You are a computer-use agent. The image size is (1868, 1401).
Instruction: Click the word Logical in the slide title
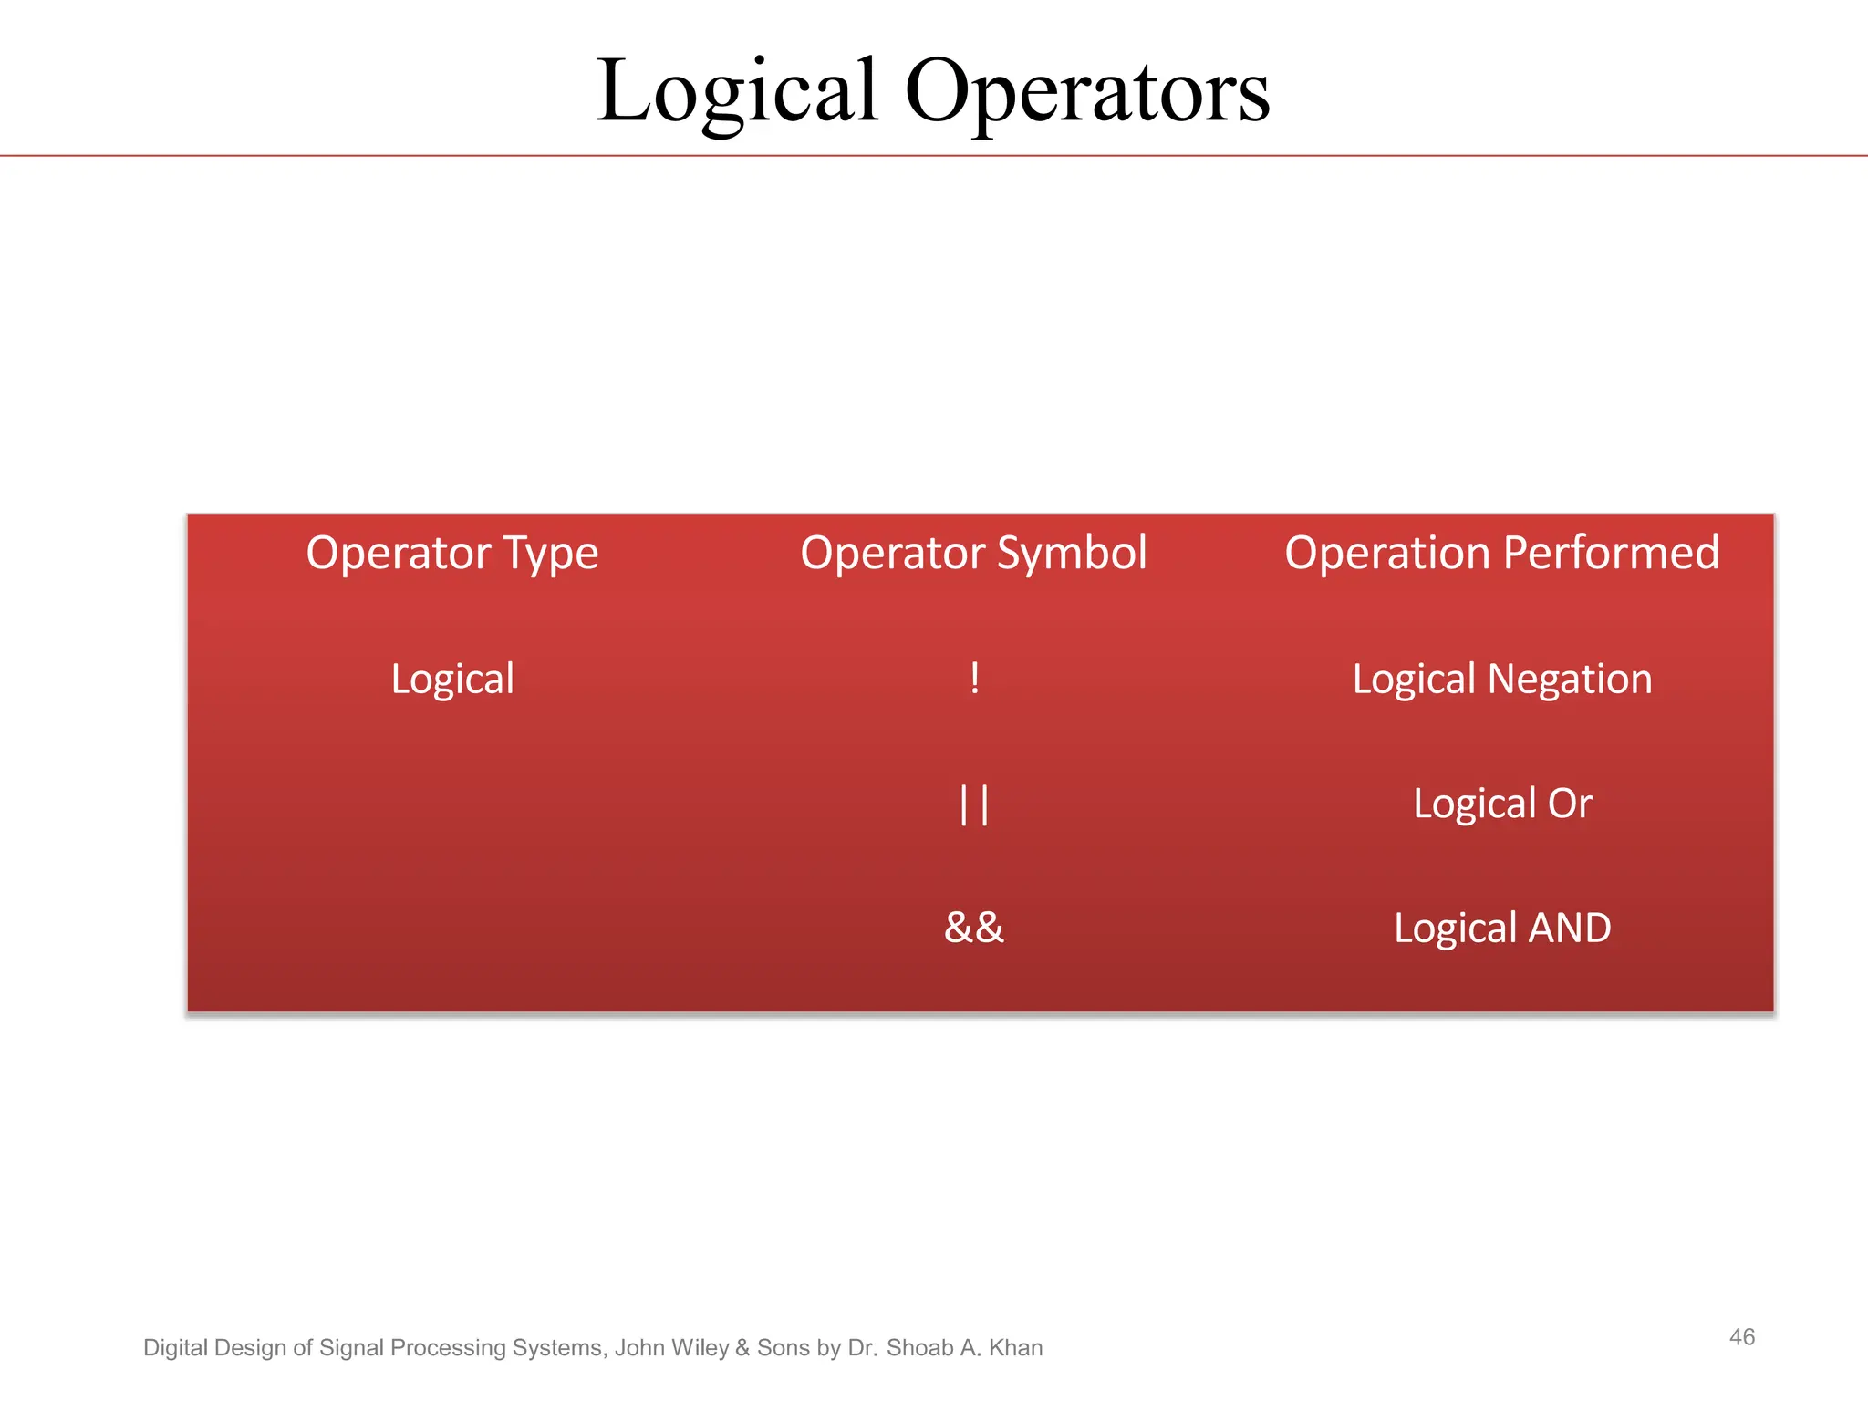click(x=737, y=91)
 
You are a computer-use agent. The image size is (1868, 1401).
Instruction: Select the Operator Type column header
click(x=451, y=553)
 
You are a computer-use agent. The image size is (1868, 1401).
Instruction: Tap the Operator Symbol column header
click(x=973, y=553)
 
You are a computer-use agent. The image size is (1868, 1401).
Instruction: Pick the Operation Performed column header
click(x=1501, y=553)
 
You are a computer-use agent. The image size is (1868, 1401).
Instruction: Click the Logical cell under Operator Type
click(x=452, y=680)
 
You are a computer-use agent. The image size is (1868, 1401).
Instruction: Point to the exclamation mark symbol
click(x=974, y=679)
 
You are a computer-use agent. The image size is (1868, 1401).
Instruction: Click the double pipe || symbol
click(x=974, y=804)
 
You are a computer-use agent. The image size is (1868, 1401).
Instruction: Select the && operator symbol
click(x=973, y=928)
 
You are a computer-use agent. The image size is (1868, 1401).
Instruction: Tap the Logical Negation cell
click(x=1501, y=680)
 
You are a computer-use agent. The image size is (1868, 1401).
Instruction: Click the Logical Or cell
click(x=1501, y=804)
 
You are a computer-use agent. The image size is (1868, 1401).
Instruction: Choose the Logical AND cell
click(x=1501, y=929)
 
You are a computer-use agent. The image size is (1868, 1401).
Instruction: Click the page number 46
click(x=1741, y=1337)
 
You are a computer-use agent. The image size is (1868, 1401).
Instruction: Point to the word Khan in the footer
click(x=1015, y=1348)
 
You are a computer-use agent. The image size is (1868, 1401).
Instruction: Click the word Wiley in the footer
click(x=700, y=1348)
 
